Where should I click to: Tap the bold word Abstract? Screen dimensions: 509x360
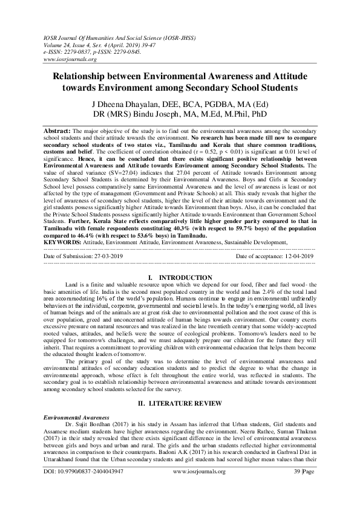point(57,131)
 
